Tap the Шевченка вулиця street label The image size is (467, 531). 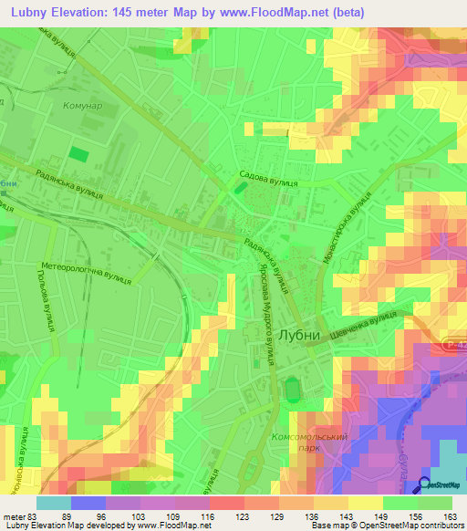pyautogui.click(x=365, y=326)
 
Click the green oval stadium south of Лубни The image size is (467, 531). pyautogui.click(x=293, y=390)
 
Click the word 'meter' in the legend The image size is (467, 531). pyautogui.click(x=13, y=516)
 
